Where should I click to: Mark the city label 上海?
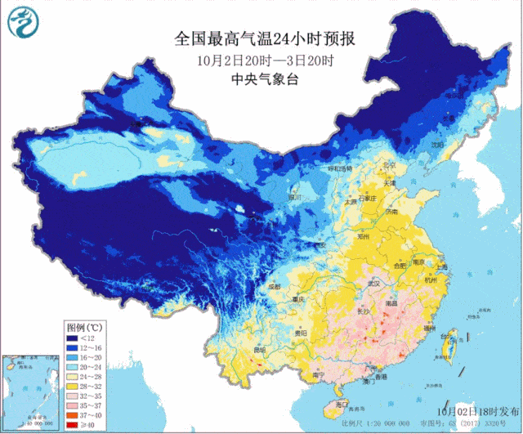[442, 266]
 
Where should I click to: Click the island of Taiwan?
[447, 349]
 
